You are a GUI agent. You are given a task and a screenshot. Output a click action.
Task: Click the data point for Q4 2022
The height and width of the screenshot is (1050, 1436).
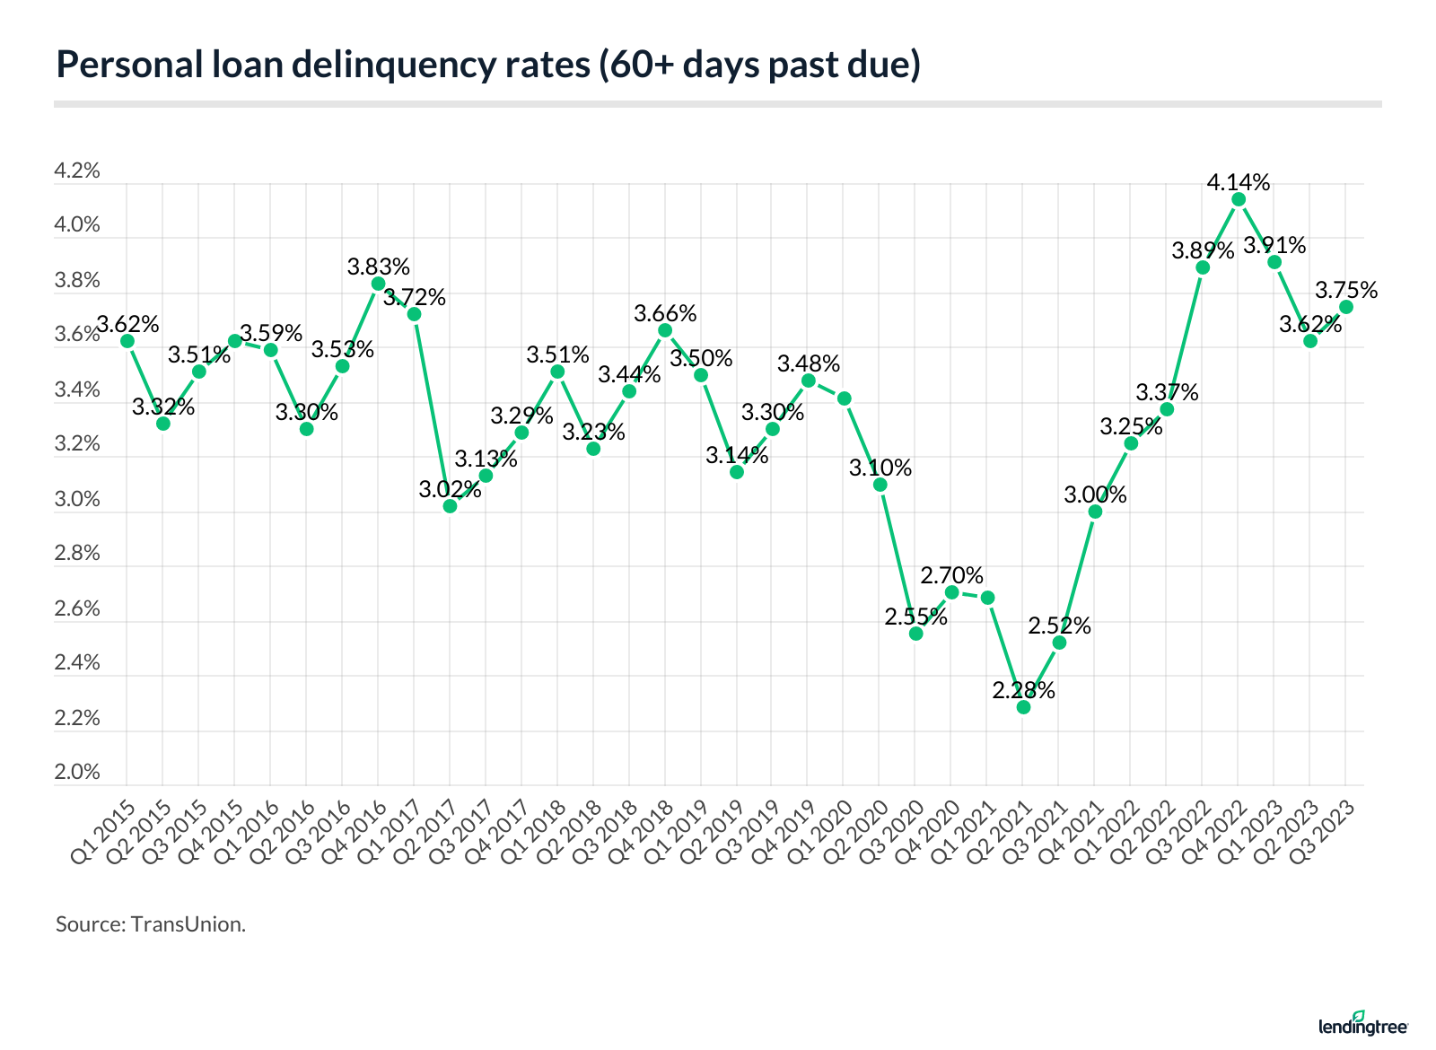pos(1239,199)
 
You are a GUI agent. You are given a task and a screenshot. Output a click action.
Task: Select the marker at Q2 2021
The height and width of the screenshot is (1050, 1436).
pos(1023,707)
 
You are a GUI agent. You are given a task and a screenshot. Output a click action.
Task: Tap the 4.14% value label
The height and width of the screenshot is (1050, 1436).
pos(1239,183)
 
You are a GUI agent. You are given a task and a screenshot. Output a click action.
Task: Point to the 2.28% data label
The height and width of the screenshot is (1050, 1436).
pos(1023,691)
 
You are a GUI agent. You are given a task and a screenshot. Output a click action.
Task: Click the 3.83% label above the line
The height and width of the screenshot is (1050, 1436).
pos(379,267)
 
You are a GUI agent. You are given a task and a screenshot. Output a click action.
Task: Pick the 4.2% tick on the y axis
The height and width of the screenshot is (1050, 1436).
pos(77,171)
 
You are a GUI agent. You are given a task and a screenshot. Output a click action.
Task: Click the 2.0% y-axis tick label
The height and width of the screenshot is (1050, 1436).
pos(77,773)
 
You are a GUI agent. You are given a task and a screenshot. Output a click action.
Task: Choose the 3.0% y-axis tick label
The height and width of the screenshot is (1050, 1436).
pos(77,499)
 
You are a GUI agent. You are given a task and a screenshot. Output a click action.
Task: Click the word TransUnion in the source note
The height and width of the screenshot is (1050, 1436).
pos(188,924)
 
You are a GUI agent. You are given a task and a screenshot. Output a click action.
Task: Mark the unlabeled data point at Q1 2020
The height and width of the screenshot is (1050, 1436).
pos(844,398)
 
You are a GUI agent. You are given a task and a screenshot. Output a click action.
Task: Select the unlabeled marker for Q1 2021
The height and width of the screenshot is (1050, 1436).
pos(987,598)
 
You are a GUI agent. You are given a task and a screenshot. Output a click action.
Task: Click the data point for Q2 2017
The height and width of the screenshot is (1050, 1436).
pos(450,506)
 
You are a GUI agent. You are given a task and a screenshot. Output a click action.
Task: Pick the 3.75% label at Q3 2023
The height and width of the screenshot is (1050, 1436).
pos(1346,291)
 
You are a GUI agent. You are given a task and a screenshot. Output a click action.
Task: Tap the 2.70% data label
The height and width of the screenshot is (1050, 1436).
pos(951,575)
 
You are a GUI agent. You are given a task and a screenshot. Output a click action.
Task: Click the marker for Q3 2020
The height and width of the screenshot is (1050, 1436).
pos(915,634)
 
